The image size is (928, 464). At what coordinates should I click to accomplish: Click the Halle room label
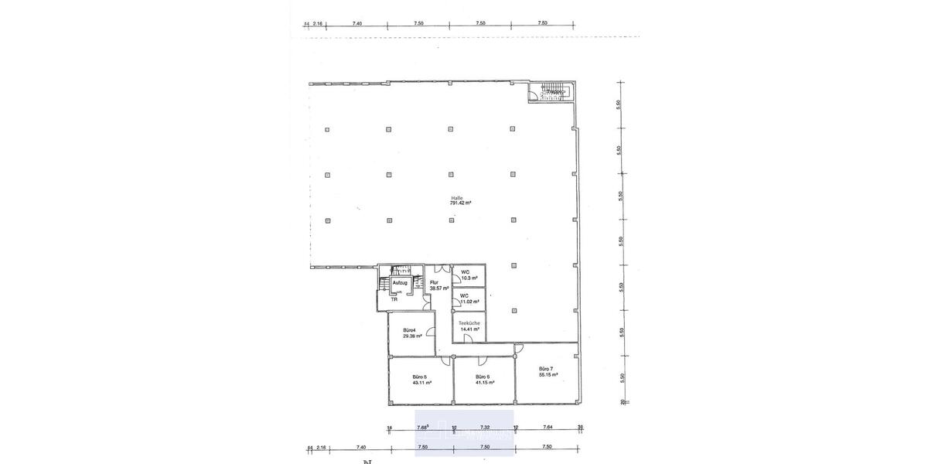click(456, 197)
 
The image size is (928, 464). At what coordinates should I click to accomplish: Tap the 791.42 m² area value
click(462, 203)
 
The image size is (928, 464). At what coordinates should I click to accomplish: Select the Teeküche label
click(469, 323)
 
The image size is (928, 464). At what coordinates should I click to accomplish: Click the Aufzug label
click(400, 283)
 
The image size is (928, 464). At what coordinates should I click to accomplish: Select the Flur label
click(435, 283)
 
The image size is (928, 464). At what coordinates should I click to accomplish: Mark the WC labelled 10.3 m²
click(465, 272)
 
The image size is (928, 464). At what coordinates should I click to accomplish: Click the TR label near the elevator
click(394, 299)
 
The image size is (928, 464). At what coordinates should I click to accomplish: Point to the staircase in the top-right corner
click(552, 92)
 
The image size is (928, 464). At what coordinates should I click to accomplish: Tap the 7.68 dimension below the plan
click(423, 427)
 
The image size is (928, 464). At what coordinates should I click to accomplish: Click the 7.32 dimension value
click(485, 427)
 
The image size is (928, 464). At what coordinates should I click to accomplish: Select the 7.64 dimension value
click(547, 427)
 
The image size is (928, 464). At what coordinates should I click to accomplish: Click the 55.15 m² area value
click(548, 374)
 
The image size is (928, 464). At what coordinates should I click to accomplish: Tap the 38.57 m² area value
click(438, 288)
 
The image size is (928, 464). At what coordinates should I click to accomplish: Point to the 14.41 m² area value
click(470, 329)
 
